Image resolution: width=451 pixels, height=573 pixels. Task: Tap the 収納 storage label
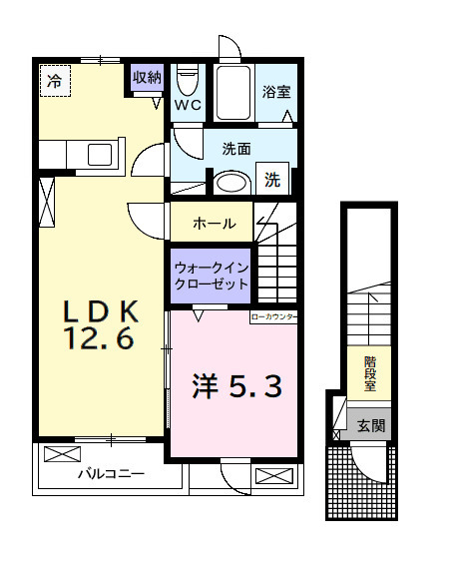(147, 78)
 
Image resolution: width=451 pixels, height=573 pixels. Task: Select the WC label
(188, 104)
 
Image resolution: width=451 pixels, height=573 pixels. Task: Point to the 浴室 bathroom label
(276, 92)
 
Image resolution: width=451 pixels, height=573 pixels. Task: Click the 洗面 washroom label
(236, 150)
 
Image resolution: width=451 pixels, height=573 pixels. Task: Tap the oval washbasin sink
(233, 183)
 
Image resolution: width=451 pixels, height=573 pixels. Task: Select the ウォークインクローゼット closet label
(211, 276)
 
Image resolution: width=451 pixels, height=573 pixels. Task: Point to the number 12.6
(99, 339)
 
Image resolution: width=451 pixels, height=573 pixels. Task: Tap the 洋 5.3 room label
(236, 384)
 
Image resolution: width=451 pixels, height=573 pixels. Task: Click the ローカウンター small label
(273, 315)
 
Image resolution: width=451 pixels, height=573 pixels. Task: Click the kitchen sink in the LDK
(100, 155)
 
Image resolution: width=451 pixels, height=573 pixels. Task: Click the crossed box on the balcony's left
(61, 454)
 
